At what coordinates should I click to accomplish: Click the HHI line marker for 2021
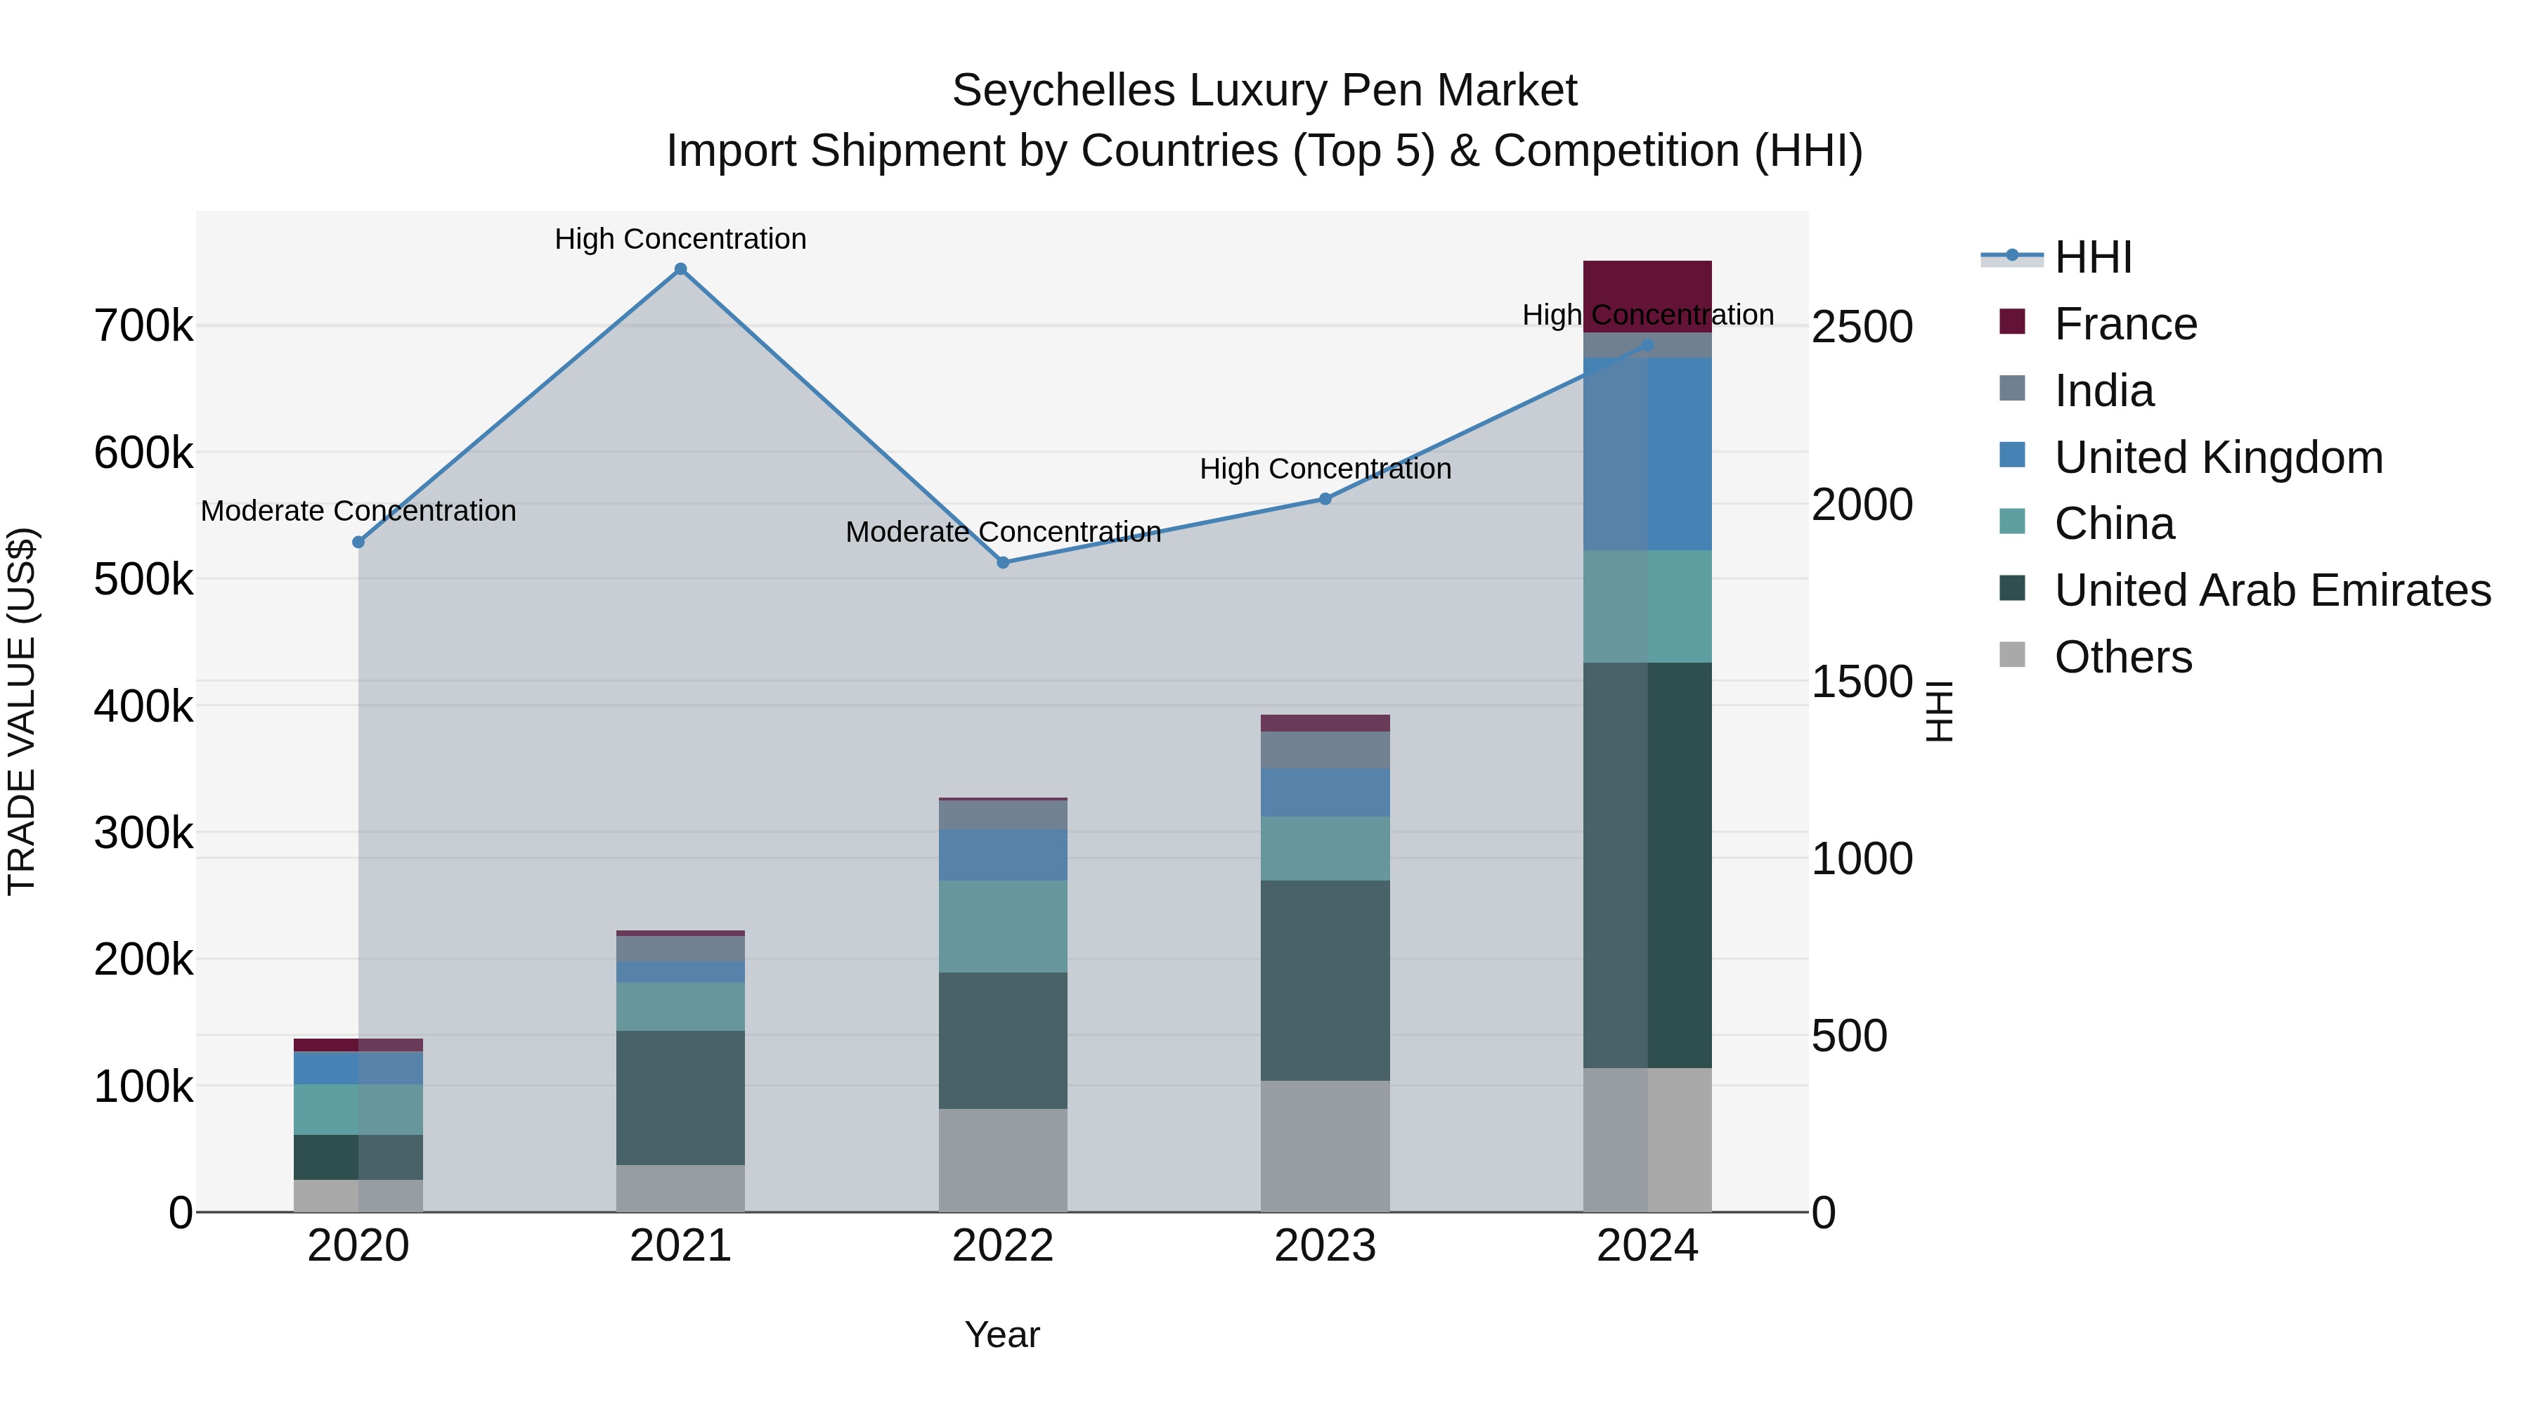(680, 269)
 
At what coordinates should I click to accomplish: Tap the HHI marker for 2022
(1003, 563)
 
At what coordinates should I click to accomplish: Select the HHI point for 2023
(1325, 499)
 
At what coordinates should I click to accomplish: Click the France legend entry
(2125, 324)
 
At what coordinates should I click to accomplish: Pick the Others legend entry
(2122, 657)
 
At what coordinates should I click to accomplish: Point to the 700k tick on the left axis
(143, 326)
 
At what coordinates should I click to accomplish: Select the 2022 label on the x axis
(1003, 1246)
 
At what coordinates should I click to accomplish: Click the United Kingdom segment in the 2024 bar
(1647, 454)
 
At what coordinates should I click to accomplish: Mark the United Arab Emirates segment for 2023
(1325, 980)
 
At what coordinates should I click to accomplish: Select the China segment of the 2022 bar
(1003, 926)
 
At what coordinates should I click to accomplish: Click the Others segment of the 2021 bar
(680, 1188)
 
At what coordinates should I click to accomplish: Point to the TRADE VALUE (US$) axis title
(22, 711)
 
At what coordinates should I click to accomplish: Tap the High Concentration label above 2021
(680, 239)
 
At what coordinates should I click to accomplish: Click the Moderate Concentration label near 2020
(358, 511)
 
